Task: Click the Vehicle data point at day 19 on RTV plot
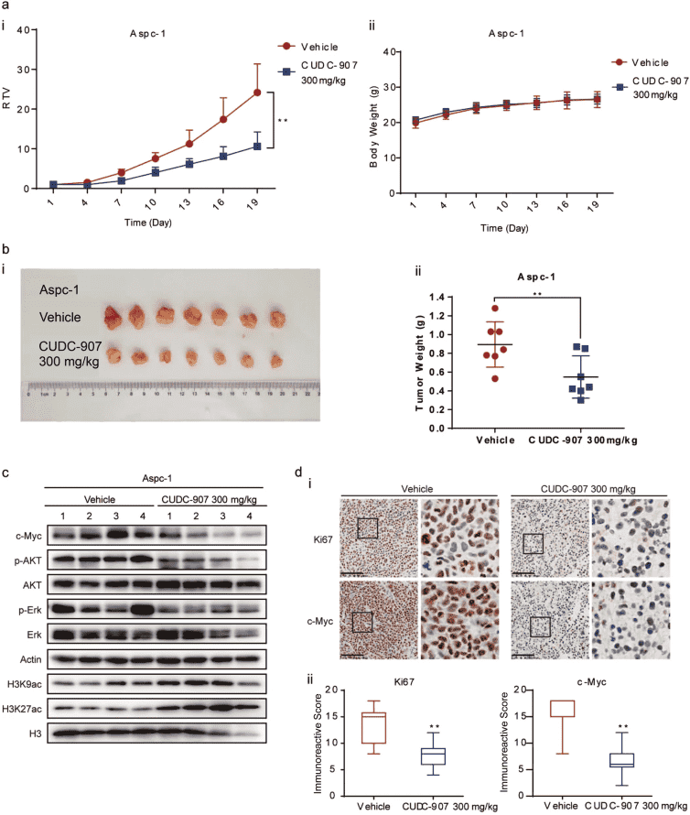click(257, 92)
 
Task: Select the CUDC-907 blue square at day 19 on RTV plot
click(257, 147)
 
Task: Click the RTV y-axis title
click(8, 110)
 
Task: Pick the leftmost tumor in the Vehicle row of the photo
click(113, 317)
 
